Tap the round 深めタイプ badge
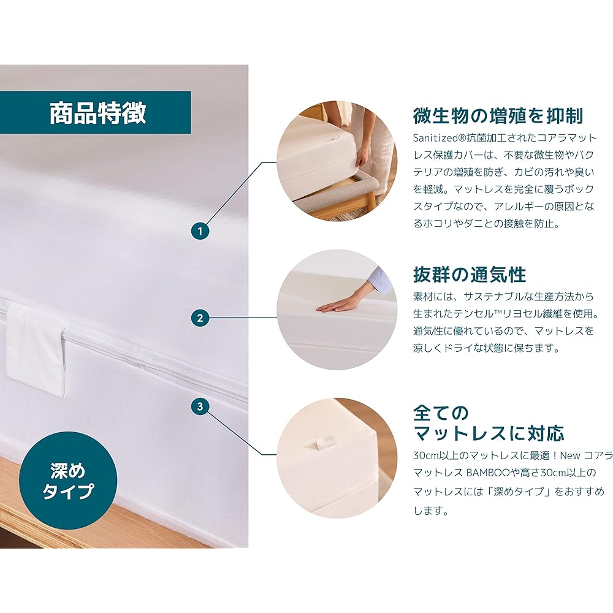[68, 481]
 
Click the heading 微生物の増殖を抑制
[498, 115]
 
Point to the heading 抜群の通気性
[470, 273]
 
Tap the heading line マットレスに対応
[489, 433]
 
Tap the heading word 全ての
[441, 410]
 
